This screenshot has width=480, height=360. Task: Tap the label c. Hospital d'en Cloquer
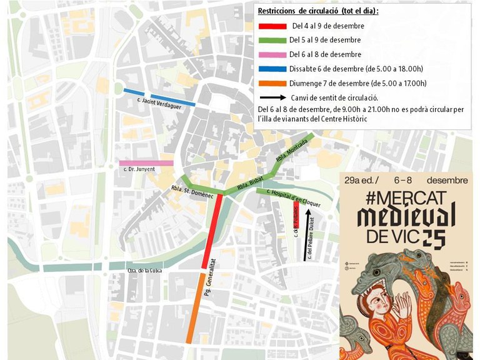click(293, 198)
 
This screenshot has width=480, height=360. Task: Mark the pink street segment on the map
click(146, 163)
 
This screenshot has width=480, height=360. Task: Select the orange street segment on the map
click(195, 306)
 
